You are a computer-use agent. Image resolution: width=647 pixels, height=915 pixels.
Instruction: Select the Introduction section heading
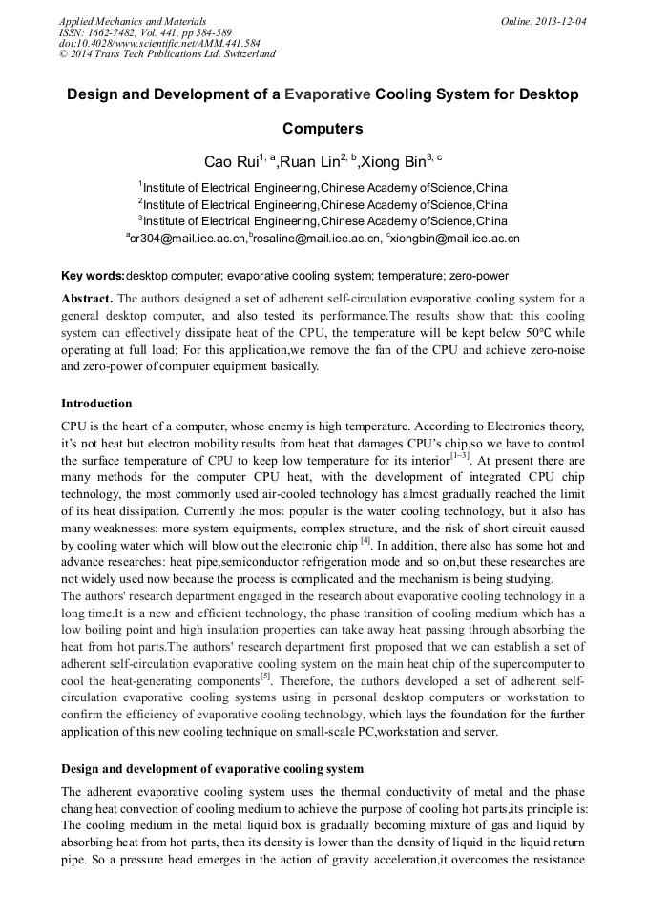point(96,404)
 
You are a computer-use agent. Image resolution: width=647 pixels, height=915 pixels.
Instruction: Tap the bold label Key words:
point(93,275)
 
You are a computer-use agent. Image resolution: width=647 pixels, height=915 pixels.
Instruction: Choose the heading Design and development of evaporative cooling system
point(212,768)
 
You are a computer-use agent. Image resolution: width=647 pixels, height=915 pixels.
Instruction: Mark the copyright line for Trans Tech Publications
point(167,54)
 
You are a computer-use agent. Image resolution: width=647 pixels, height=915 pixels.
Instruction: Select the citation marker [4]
point(365,542)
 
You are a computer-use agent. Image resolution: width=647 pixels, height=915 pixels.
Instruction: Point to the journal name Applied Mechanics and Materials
point(133,20)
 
